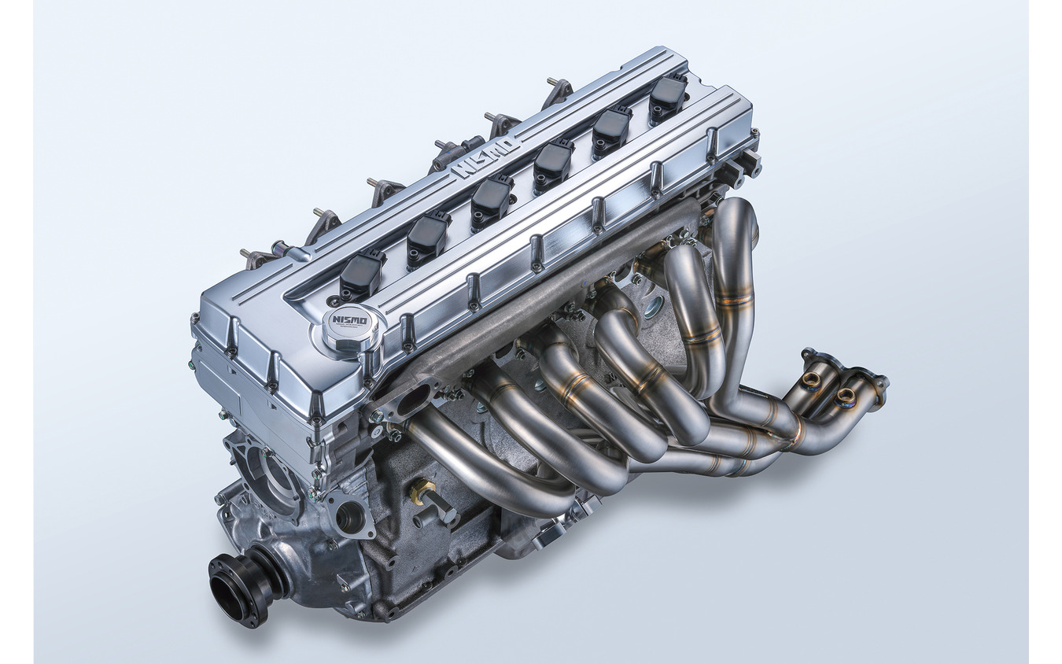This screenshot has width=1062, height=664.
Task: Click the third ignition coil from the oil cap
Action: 492,201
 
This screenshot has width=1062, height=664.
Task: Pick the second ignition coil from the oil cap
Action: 427,238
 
